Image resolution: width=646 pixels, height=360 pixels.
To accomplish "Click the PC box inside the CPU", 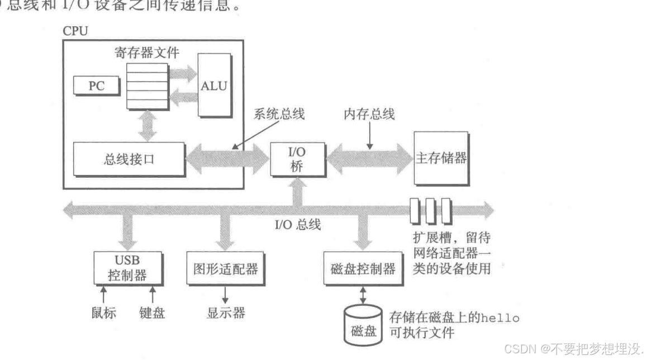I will (96, 86).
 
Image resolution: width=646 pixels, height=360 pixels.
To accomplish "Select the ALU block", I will (215, 86).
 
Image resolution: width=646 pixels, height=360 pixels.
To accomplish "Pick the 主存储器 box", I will (441, 158).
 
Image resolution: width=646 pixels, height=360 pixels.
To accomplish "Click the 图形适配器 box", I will (226, 269).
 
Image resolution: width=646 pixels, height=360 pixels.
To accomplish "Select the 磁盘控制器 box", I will (359, 269).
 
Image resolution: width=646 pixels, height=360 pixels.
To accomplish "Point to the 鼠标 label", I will (103, 312).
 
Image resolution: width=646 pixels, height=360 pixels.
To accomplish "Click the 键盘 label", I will (152, 312).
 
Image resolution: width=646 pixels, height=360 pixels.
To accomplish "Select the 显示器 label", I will (226, 312).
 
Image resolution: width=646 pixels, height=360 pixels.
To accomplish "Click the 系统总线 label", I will (279, 115).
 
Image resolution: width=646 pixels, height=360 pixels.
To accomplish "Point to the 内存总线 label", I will (369, 115).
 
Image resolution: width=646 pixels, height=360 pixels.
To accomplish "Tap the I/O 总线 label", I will (297, 225).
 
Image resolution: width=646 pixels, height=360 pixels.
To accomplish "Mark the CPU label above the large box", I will (75, 31).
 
